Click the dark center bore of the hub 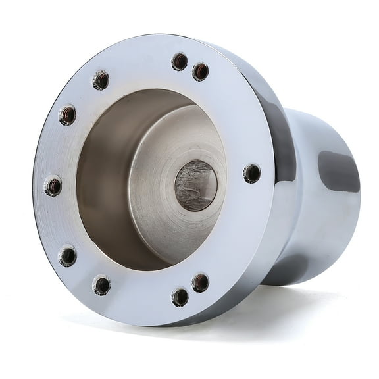click(195, 186)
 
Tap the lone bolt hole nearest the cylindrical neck click(251, 174)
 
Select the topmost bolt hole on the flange click(179, 61)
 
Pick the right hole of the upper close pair click(201, 71)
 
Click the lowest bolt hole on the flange click(180, 297)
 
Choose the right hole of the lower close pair click(201, 282)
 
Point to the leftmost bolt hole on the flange click(53, 186)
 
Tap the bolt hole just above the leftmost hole click(67, 115)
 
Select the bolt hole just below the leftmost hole click(67, 255)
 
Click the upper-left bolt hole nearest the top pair click(101, 80)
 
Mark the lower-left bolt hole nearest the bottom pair click(101, 285)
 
